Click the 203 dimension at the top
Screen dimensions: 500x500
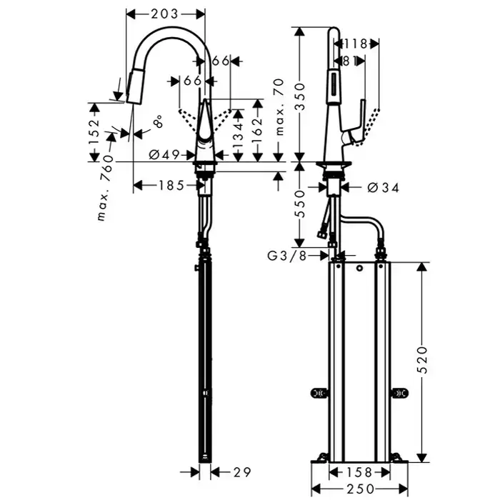click(165, 14)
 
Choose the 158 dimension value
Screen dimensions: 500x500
click(359, 471)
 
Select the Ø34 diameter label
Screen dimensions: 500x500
click(381, 187)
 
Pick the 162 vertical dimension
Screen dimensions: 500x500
click(259, 127)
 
